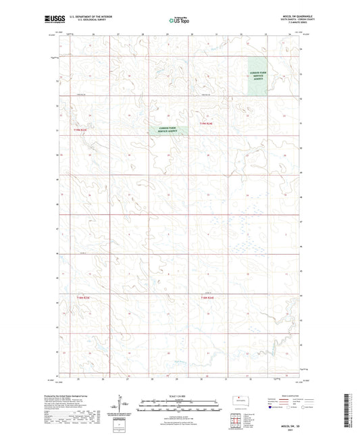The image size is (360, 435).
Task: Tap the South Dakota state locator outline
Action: pyautogui.click(x=240, y=398)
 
